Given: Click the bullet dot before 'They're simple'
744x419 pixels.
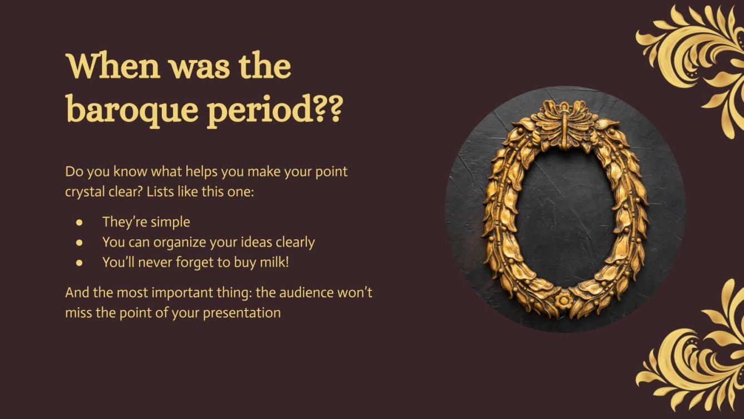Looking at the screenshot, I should click(x=80, y=222).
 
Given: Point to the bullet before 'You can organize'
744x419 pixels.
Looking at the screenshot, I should click(x=80, y=243).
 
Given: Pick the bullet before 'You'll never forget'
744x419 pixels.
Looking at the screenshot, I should click(x=80, y=263).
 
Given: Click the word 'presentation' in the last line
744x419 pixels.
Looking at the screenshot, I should click(x=242, y=313).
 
